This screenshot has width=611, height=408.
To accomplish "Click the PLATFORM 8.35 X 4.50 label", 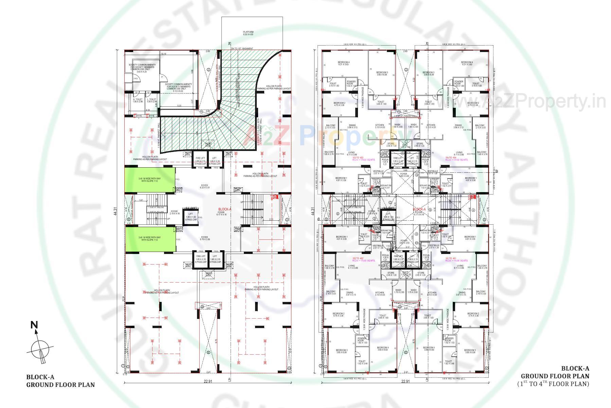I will click(x=248, y=33).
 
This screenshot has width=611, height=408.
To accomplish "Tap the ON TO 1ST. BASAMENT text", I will click(x=242, y=49).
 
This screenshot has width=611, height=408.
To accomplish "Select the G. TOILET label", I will click(x=138, y=100).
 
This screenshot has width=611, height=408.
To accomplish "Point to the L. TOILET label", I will click(x=152, y=100).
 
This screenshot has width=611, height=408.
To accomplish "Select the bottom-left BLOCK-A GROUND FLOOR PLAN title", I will click(x=60, y=381).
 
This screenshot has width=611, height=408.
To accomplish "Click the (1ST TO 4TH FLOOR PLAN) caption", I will click(x=553, y=384).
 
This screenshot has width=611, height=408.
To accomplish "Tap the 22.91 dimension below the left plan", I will click(x=208, y=381).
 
